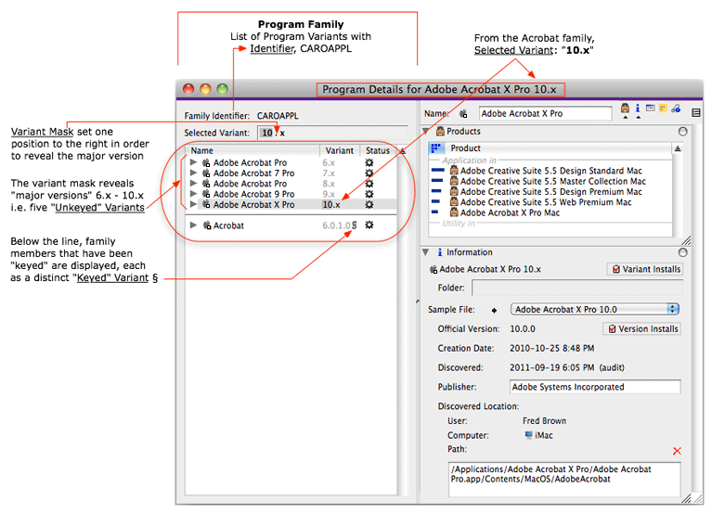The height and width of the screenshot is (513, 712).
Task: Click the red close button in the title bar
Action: click(188, 89)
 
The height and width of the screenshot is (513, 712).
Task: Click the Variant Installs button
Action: click(645, 269)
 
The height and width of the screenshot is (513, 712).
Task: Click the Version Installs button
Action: click(642, 328)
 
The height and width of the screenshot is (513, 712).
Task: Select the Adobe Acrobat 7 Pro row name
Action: click(253, 173)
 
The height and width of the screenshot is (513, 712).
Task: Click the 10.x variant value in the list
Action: click(330, 204)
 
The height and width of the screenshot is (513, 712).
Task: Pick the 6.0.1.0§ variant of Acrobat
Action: click(339, 225)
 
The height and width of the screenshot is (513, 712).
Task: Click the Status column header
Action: click(378, 150)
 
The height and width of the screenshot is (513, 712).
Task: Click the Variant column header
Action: click(339, 150)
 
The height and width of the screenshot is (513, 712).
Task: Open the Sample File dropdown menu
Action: click(596, 309)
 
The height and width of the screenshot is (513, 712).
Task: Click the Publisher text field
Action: click(594, 387)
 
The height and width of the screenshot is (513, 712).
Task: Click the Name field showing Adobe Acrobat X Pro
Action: click(545, 113)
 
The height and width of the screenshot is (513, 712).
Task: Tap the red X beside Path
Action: click(677, 451)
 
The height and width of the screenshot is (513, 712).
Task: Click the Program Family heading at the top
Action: click(300, 24)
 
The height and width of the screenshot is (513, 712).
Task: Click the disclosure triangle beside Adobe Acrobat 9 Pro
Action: click(193, 194)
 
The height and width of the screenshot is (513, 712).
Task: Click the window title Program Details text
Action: click(440, 89)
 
